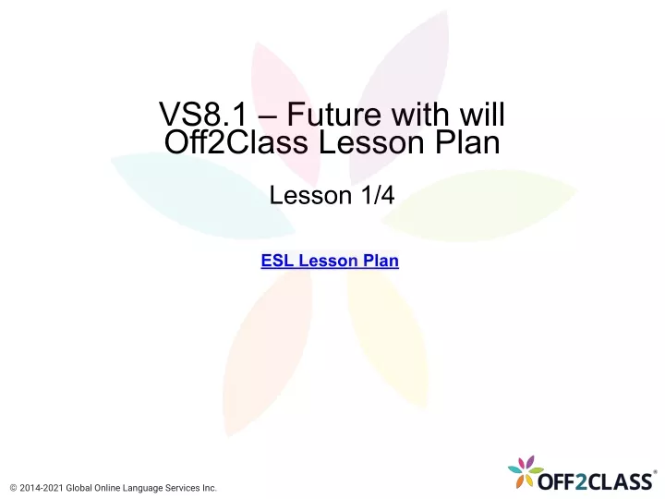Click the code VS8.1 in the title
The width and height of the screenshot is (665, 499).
click(x=203, y=115)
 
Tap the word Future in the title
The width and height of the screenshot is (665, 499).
click(x=334, y=115)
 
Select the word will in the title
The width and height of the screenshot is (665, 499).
click(x=482, y=114)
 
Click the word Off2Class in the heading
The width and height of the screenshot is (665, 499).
click(x=236, y=141)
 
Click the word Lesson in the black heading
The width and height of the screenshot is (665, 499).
click(x=371, y=141)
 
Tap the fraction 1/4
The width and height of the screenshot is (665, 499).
click(x=378, y=195)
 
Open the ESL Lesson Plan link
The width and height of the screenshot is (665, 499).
click(x=330, y=261)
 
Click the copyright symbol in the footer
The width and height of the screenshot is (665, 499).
click(x=13, y=489)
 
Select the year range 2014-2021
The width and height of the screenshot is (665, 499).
click(x=42, y=489)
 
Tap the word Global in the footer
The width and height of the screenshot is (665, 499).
click(x=79, y=489)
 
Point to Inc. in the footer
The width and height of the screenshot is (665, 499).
click(x=209, y=489)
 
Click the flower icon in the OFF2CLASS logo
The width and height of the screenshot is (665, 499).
click(x=526, y=472)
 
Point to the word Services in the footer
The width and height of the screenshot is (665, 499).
click(x=182, y=489)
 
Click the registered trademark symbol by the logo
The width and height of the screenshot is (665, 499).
click(x=655, y=472)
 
